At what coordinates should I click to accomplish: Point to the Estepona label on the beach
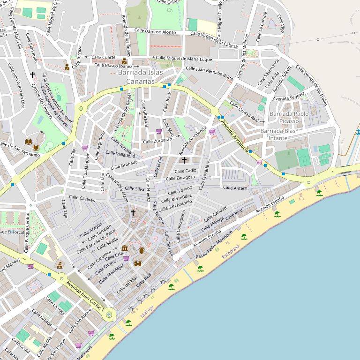(x=231, y=256)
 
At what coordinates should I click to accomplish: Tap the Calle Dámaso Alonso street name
(x=155, y=32)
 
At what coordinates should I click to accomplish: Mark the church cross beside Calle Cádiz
(x=184, y=160)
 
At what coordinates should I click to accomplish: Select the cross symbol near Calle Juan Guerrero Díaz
(x=32, y=75)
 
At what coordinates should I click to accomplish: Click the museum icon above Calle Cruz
(x=125, y=248)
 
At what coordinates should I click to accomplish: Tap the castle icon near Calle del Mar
(x=137, y=263)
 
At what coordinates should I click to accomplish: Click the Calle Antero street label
(x=235, y=188)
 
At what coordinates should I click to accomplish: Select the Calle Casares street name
(x=82, y=198)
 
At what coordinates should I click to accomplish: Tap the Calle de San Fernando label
(x=20, y=151)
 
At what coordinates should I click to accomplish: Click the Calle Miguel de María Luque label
(x=184, y=59)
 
